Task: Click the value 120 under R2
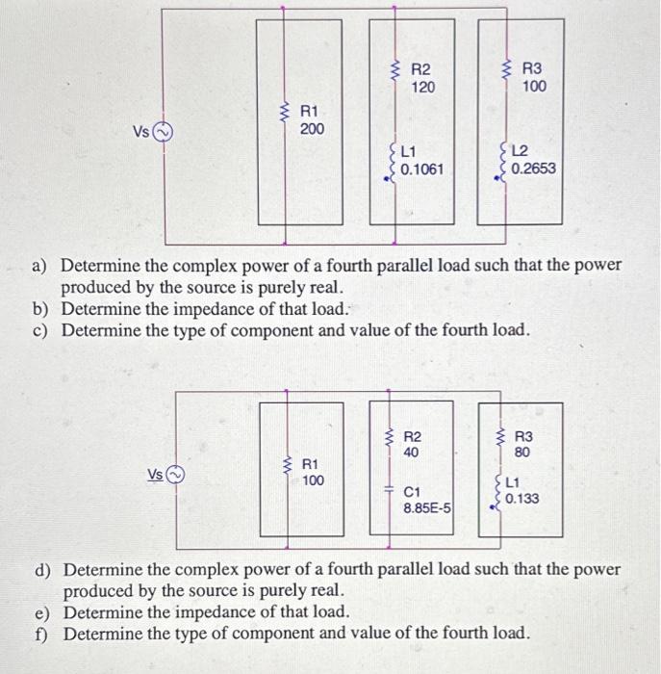pos(423,87)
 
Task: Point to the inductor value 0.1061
pos(421,169)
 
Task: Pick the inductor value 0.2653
pos(533,169)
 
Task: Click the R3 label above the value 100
pos(532,69)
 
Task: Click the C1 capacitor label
pos(412,490)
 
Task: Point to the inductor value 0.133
pos(521,499)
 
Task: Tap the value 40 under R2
pos(412,452)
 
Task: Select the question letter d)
pos(42,570)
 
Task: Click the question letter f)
pos(42,633)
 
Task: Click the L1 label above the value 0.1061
pos(408,152)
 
